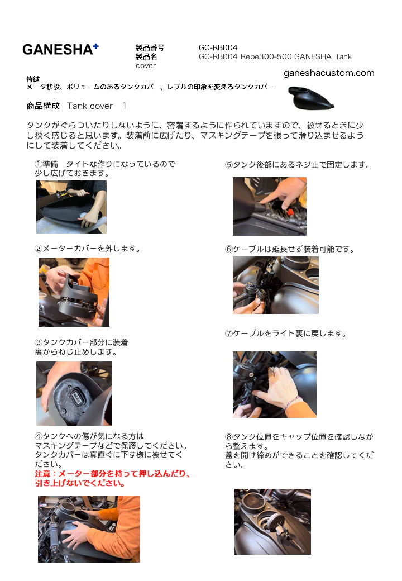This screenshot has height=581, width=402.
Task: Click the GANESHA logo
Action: (60, 49)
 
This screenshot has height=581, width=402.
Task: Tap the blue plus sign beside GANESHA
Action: (96, 46)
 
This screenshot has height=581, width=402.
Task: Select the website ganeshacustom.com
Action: (329, 73)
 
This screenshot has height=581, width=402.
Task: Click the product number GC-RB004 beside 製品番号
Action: (218, 47)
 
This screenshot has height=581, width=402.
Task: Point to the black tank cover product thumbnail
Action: (311, 98)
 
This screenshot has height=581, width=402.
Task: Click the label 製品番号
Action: (150, 47)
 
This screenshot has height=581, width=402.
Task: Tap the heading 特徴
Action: (33, 79)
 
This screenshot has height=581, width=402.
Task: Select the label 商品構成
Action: (43, 106)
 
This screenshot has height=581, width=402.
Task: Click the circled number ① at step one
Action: (39, 164)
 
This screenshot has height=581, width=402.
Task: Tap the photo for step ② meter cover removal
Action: (74, 292)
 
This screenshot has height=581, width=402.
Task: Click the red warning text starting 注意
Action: (112, 478)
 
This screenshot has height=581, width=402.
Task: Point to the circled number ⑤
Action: (229, 165)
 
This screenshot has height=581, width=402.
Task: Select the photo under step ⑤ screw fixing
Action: (270, 206)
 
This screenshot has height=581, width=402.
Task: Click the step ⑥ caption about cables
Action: (290, 249)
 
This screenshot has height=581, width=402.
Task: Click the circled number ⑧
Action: (229, 437)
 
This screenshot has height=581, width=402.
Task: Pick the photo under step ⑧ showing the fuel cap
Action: (272, 522)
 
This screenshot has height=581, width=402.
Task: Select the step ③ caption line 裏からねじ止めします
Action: (76, 352)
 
